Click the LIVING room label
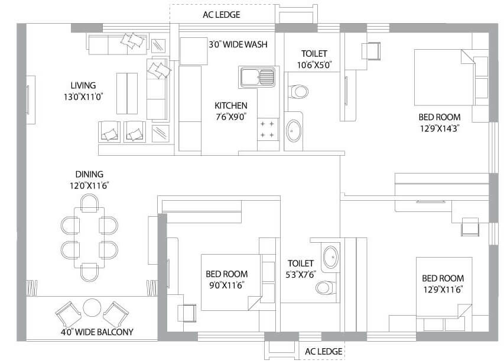pyautogui.click(x=83, y=85)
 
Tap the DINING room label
pyautogui.click(x=89, y=174)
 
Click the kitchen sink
pyautogui.click(x=257, y=77)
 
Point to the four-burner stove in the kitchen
pyautogui.click(x=268, y=130)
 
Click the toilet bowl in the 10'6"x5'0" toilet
pyautogui.click(x=298, y=92)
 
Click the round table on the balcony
pyautogui.click(x=92, y=308)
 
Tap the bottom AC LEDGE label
pyautogui.click(x=323, y=352)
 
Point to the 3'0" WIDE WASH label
pyautogui.click(x=238, y=44)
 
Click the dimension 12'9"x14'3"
pyautogui.click(x=439, y=128)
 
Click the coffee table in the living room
pyautogui.click(x=127, y=93)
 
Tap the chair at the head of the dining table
pyautogui.click(x=89, y=204)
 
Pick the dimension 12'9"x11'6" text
pyautogui.click(x=443, y=289)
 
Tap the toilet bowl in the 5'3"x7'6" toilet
pyautogui.click(x=324, y=288)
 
